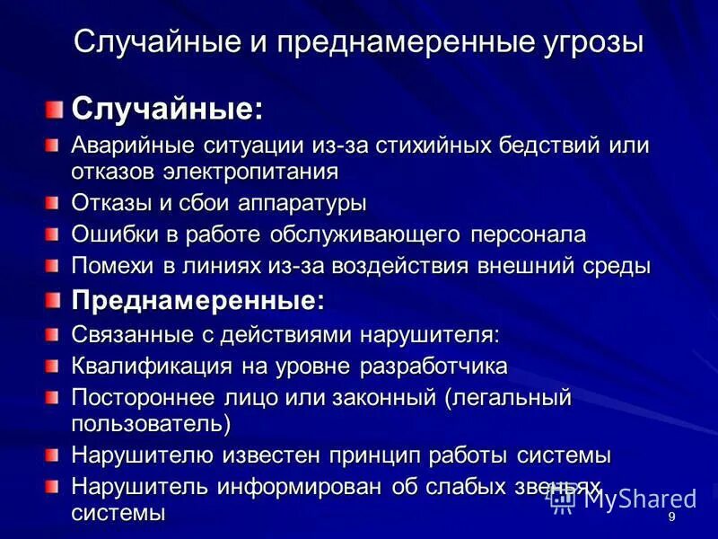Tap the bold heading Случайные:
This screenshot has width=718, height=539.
[x=168, y=110]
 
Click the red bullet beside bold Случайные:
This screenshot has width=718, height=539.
[x=57, y=110]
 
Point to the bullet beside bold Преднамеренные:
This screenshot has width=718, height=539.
[x=57, y=300]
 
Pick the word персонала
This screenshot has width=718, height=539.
[x=528, y=235]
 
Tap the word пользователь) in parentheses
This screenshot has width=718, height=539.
[x=152, y=421]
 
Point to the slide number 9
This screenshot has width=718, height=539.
[x=671, y=518]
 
